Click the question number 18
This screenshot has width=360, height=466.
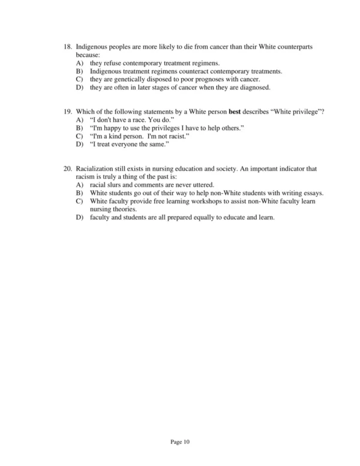point(67,46)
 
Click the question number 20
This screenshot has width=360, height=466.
point(67,169)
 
